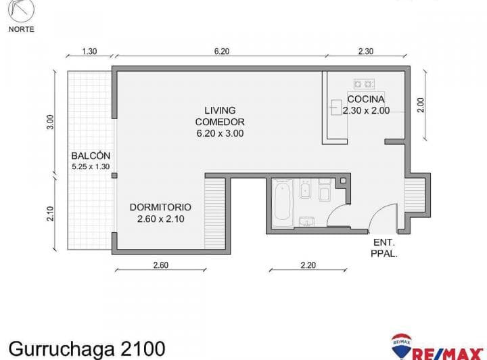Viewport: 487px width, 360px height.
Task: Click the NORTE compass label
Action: [21, 29]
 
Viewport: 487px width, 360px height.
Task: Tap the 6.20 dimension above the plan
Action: [222, 51]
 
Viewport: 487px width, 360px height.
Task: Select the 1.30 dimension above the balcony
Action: [89, 51]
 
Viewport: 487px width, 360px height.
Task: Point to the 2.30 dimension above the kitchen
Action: [365, 51]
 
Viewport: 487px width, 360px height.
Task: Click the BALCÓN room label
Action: [91, 156]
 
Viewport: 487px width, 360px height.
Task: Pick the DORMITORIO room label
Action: [160, 207]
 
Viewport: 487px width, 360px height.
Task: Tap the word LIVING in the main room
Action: [220, 110]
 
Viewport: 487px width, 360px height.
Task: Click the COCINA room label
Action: [366, 99]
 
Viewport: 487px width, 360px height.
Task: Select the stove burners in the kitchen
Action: [364, 84]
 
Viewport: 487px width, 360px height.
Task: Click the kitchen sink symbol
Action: [336, 107]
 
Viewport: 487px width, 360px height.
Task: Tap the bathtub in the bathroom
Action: [282, 202]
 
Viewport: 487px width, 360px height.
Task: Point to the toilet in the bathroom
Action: [325, 190]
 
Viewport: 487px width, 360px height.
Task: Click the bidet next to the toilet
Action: [305, 189]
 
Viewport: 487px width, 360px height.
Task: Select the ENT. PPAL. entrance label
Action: [384, 248]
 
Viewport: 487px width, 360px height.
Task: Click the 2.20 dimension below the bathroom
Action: [308, 265]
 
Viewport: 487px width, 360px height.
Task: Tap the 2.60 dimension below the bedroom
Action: [160, 265]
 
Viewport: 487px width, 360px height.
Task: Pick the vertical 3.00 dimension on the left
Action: [50, 122]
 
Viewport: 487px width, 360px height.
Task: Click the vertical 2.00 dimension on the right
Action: [420, 105]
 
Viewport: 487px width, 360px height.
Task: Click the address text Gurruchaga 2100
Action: [87, 348]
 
